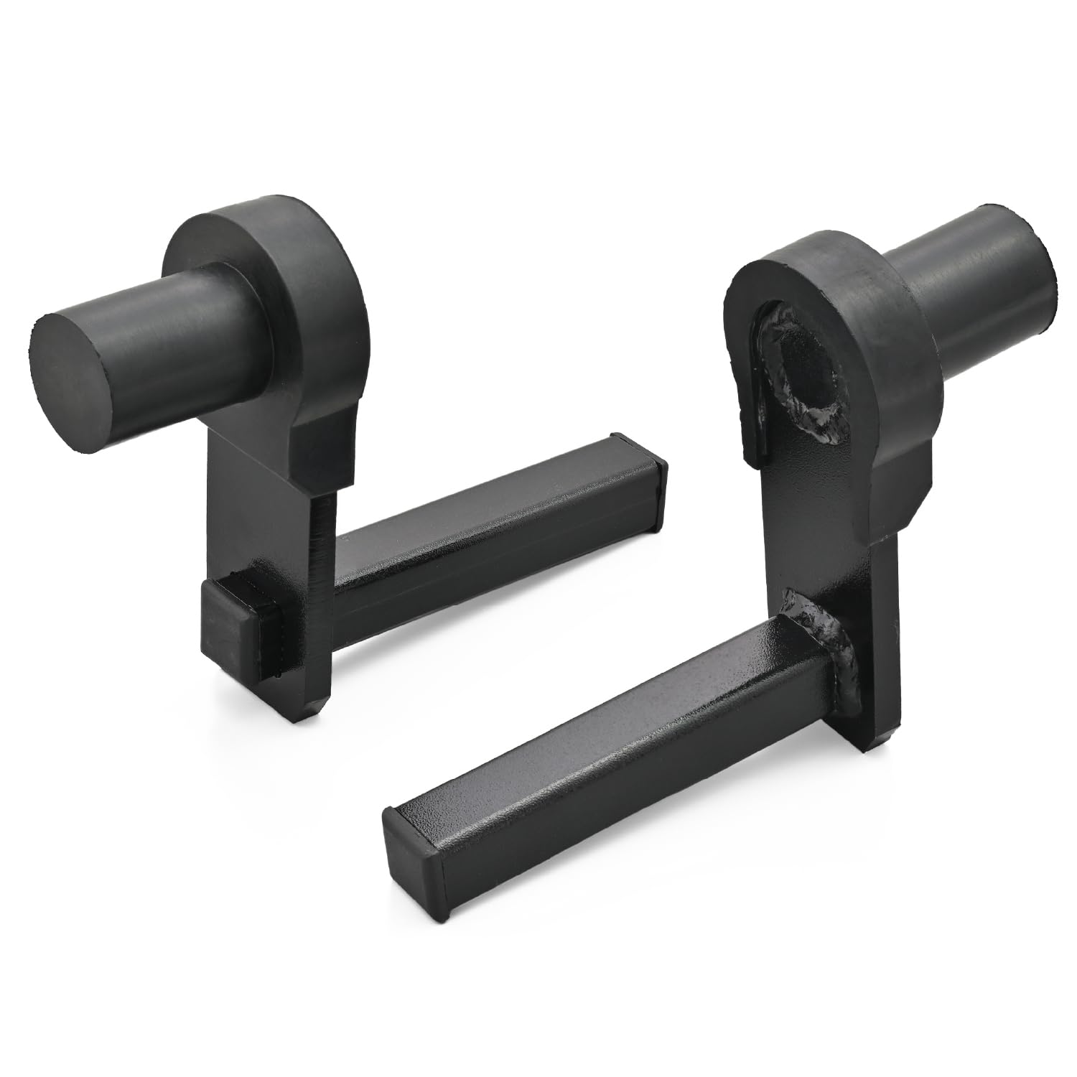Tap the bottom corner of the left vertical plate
pyautogui.click(x=316, y=707)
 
